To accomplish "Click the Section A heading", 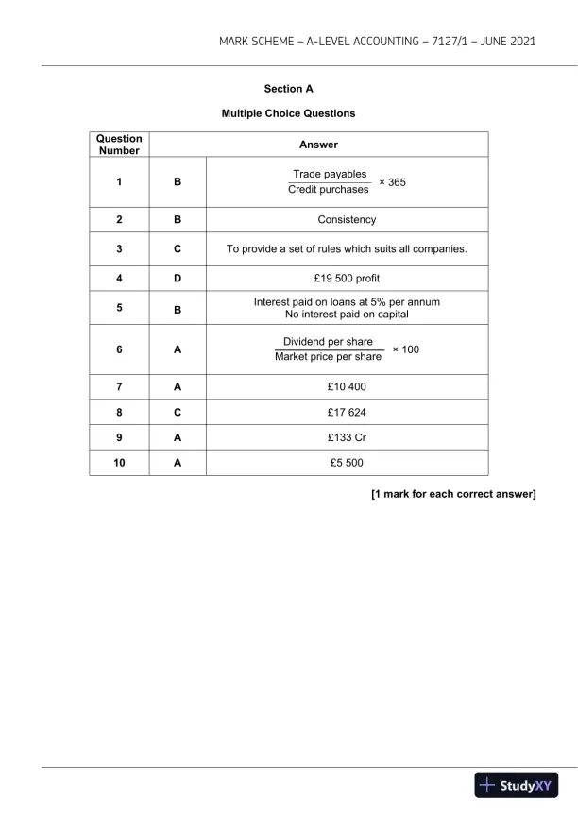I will pos(288,89).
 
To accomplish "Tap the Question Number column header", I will pos(119,145).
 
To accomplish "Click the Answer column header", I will pos(318,145).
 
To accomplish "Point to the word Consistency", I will pos(347,220).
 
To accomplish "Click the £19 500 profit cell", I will pos(347,281).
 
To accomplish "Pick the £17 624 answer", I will pos(347,414).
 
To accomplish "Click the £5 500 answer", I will pos(347,463).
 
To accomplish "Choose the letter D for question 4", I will pos(177,281).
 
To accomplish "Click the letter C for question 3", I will pos(177,250).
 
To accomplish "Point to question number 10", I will pos(119,463).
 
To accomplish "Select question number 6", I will pos(119,349).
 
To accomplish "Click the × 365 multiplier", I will pos(392,181).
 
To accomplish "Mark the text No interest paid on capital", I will pos(347,314).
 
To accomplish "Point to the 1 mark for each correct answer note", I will pos(453,493).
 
